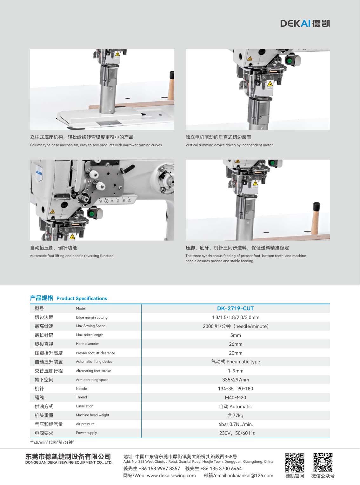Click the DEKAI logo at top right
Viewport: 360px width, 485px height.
click(305, 23)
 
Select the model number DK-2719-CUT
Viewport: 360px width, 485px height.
click(235, 309)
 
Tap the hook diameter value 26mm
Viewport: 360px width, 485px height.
click(235, 344)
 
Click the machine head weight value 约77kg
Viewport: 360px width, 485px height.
click(235, 415)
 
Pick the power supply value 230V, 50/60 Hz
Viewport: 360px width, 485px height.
click(237, 433)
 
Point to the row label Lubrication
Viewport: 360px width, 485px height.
click(84, 406)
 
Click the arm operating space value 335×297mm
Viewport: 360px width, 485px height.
click(235, 380)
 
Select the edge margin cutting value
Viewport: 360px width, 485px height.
click(235, 317)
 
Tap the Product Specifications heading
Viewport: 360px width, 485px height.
click(82, 298)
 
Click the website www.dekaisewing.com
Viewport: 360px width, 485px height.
click(171, 475)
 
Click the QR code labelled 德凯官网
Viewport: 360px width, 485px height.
click(294, 463)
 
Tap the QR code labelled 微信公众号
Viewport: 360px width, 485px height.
click(323, 463)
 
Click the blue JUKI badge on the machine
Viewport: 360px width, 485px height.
click(39, 173)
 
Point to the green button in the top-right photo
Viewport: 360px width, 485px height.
click(289, 60)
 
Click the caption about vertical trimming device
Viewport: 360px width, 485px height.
click(229, 145)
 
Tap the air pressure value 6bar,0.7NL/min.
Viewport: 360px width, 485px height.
click(235, 424)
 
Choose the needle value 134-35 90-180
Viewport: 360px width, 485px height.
click(235, 389)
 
